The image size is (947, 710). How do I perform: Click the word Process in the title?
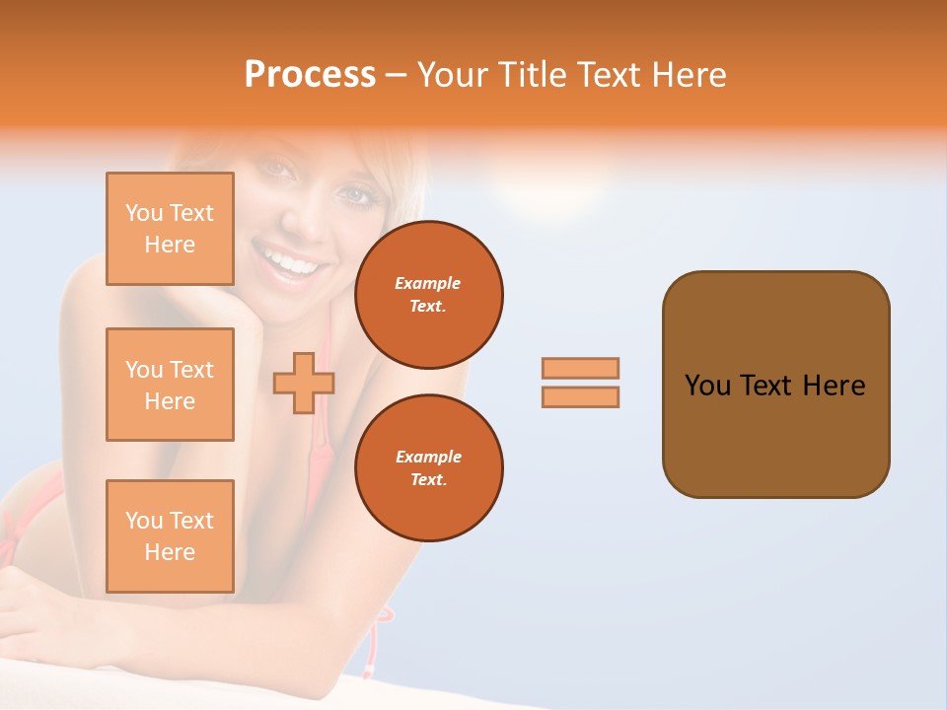(310, 75)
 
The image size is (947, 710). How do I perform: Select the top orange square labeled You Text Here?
(170, 229)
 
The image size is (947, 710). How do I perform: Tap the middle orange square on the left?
(170, 385)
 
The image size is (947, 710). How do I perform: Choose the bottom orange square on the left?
(170, 536)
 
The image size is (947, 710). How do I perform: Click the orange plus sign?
(304, 383)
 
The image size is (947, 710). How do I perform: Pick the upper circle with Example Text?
(429, 294)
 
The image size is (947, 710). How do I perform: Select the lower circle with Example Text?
(429, 467)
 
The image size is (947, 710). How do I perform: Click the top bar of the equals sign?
(580, 368)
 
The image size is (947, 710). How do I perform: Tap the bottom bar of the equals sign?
(580, 397)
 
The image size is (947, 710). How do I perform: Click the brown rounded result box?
(775, 434)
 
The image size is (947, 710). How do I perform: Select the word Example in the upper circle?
(428, 283)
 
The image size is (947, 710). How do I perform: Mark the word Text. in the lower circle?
(428, 479)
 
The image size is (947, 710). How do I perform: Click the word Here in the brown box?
(834, 386)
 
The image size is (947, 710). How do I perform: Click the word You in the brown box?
(706, 386)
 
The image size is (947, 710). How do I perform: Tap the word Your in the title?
(454, 75)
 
